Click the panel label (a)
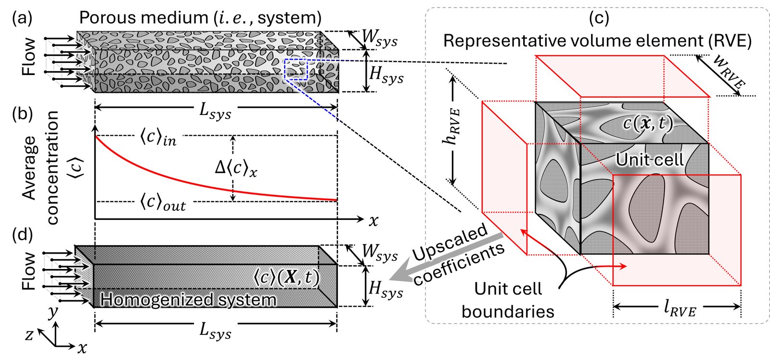[x=22, y=18]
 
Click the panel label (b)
[x=23, y=114]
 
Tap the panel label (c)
[x=599, y=18]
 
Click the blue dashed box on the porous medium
[x=295, y=69]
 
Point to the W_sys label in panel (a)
[x=379, y=37]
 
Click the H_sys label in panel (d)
[x=385, y=289]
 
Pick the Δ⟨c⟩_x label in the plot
[x=236, y=168]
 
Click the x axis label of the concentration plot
[x=373, y=221]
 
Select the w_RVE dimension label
[x=728, y=71]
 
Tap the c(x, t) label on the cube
[x=647, y=123]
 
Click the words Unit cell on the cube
[x=649, y=159]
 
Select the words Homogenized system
[x=188, y=300]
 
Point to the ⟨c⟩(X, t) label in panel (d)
[x=286, y=278]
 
